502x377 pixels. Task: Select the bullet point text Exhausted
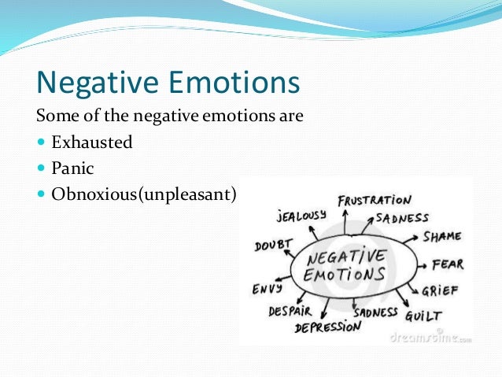click(92, 142)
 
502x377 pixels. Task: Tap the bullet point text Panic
click(72, 168)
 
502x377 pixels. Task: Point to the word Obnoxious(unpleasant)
click(144, 193)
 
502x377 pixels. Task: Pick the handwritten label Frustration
click(374, 201)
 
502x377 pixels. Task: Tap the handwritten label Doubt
click(273, 245)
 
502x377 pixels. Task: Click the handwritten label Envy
click(268, 288)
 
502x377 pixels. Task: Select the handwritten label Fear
click(448, 264)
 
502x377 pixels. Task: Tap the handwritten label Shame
click(441, 236)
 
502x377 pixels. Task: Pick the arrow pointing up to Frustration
click(345, 220)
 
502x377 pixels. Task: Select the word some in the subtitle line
click(56, 116)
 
